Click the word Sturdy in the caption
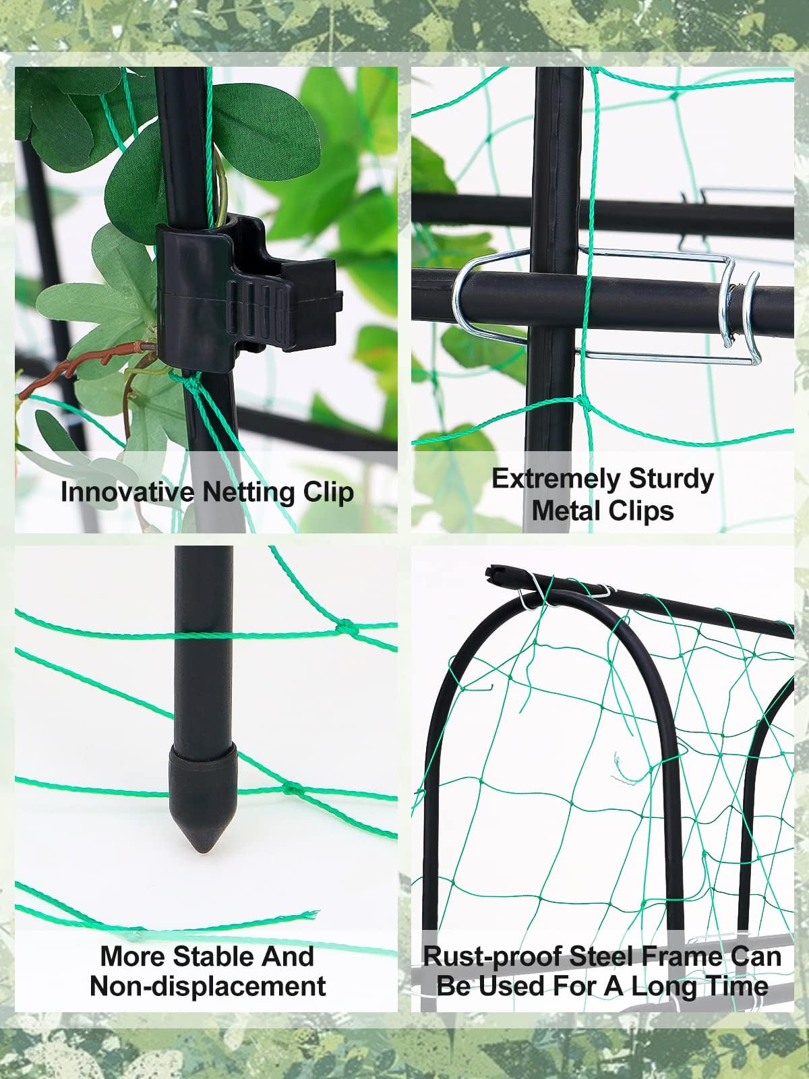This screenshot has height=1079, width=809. click(x=671, y=478)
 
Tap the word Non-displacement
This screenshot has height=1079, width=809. click(x=208, y=986)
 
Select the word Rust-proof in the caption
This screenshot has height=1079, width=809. click(x=493, y=956)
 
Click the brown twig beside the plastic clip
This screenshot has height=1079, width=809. click(x=81, y=368)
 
